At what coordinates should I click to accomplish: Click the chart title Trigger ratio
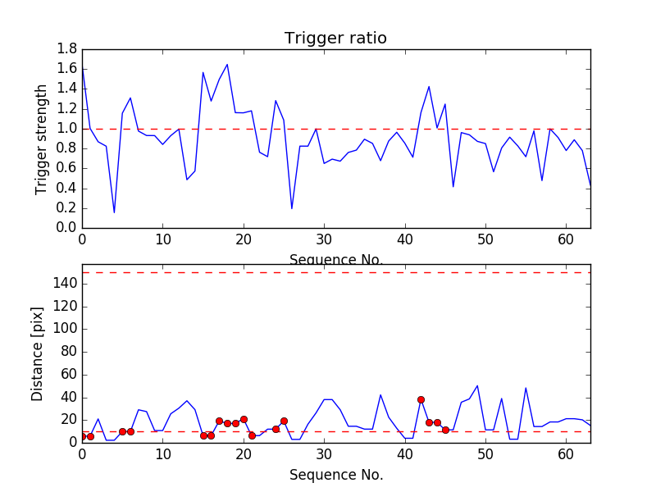335,39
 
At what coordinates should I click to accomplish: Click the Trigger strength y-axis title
42,139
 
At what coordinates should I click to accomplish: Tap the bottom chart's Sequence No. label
335,475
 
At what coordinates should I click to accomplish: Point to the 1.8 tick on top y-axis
66,49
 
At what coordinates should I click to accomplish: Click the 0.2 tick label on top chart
66,208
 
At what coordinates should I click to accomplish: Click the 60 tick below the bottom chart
566,454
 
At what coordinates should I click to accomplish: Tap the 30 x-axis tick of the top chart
324,240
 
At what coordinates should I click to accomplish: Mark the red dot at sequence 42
421,399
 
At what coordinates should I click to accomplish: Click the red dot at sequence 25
284,421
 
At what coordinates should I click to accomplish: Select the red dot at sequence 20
244,419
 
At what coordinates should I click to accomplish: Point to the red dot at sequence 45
445,430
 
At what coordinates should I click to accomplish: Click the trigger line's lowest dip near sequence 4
114,212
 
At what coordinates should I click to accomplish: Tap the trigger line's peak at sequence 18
227,65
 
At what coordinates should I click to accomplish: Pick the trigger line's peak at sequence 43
429,87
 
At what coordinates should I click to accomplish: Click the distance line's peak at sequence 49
477,385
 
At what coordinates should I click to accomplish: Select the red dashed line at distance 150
336,272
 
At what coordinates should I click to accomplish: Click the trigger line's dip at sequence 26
292,208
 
